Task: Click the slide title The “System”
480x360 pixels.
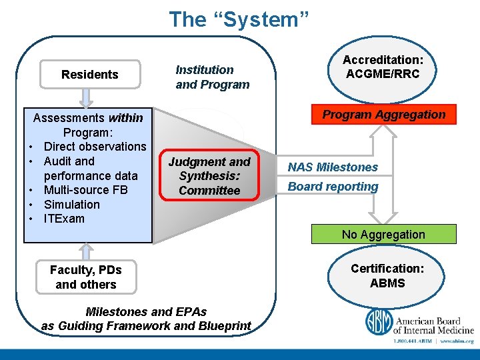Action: pyautogui.click(x=239, y=19)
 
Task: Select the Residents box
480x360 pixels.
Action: pyautogui.click(x=90, y=75)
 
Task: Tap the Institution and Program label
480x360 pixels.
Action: pyautogui.click(x=212, y=77)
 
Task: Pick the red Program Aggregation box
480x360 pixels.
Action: pyautogui.click(x=383, y=115)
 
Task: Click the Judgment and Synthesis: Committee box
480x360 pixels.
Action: pyautogui.click(x=209, y=176)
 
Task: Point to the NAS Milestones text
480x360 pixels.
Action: pyautogui.click(x=333, y=167)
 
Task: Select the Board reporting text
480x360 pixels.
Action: pyautogui.click(x=333, y=187)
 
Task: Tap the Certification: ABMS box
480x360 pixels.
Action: pyautogui.click(x=387, y=275)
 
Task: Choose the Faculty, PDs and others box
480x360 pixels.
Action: pyautogui.click(x=85, y=277)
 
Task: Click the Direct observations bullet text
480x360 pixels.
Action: pyautogui.click(x=95, y=147)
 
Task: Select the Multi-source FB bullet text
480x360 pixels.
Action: pyautogui.click(x=85, y=190)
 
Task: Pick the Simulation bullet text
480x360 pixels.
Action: pyautogui.click(x=71, y=205)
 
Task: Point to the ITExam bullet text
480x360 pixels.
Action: pyautogui.click(x=64, y=219)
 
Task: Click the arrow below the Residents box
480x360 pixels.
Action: pyautogui.click(x=87, y=98)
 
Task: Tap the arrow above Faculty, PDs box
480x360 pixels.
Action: pyautogui.click(x=85, y=251)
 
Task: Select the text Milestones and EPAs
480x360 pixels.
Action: pyautogui.click(x=146, y=311)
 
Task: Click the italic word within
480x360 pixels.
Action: pyautogui.click(x=125, y=118)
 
